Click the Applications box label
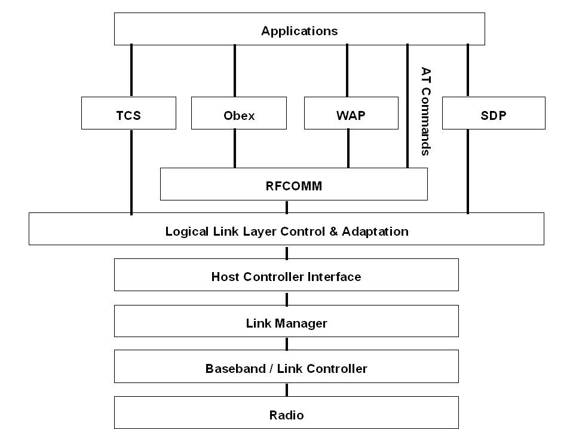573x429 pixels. pyautogui.click(x=299, y=31)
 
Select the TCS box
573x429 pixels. pyautogui.click(x=128, y=116)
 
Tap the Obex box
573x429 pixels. pyautogui.click(x=234, y=116)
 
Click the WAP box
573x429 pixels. pyautogui.click(x=351, y=116)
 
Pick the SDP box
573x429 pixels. pyautogui.click(x=493, y=116)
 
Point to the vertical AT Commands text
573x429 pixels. pyautogui.click(x=425, y=111)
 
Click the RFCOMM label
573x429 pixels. pyautogui.click(x=293, y=186)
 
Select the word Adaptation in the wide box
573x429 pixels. pyautogui.click(x=375, y=232)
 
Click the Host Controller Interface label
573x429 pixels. pyautogui.click(x=286, y=277)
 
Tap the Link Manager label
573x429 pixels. pyautogui.click(x=286, y=323)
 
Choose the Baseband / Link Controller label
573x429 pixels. pyautogui.click(x=286, y=368)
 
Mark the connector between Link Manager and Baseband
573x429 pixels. pyautogui.click(x=287, y=343)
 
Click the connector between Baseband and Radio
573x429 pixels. pyautogui.click(x=287, y=390)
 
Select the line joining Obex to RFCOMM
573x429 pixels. pyautogui.click(x=235, y=148)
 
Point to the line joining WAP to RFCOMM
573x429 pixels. pyautogui.click(x=348, y=148)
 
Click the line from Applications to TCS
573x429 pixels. pyautogui.click(x=131, y=70)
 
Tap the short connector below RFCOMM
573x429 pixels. pyautogui.click(x=287, y=206)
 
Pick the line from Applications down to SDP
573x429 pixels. pyautogui.click(x=468, y=70)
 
